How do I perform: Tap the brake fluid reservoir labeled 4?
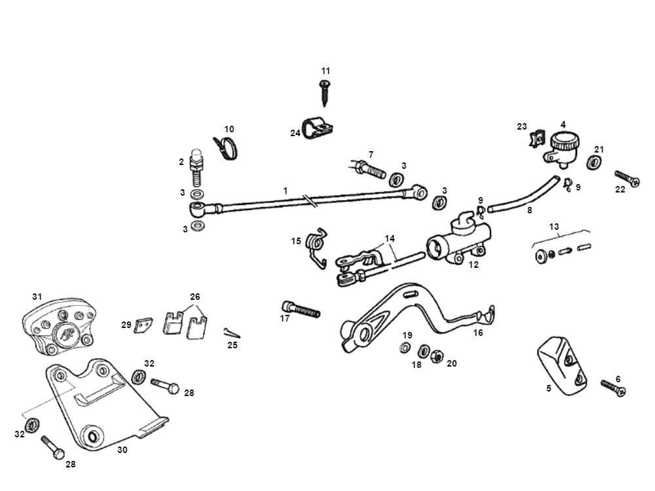561,145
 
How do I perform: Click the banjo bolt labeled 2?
195,168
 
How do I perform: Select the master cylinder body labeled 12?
458,242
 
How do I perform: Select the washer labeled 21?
597,163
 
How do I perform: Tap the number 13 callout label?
554,227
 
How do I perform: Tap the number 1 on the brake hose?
286,190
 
